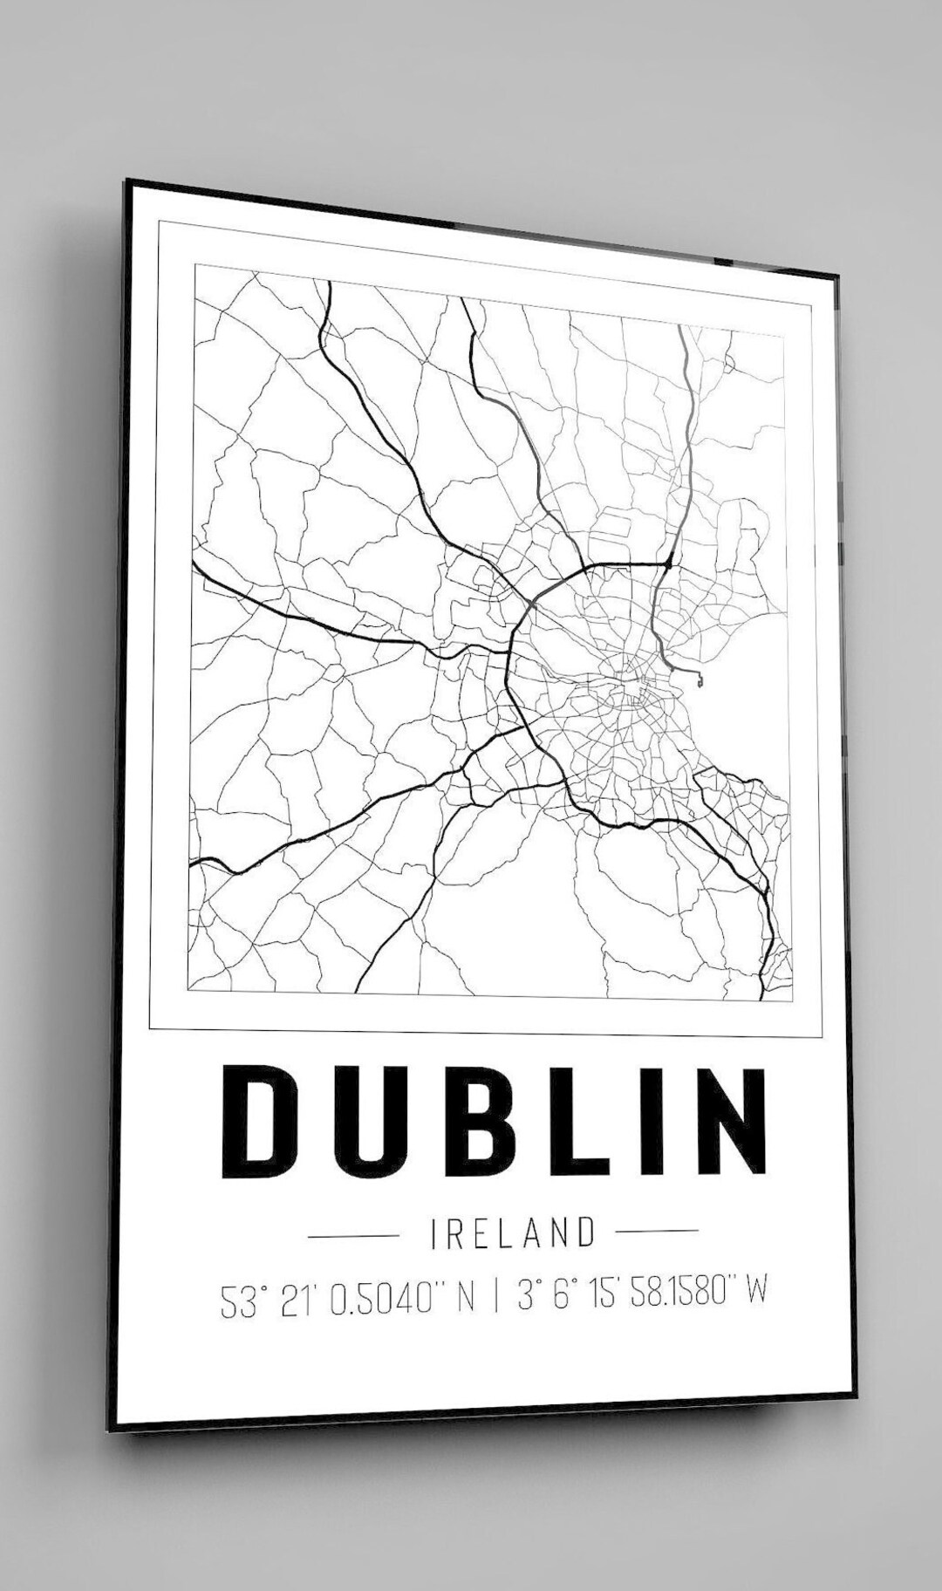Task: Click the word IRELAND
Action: pos(514,1233)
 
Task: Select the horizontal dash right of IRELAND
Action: pos(657,1231)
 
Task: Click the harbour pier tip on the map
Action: pos(698,674)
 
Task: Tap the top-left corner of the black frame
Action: pos(128,181)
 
